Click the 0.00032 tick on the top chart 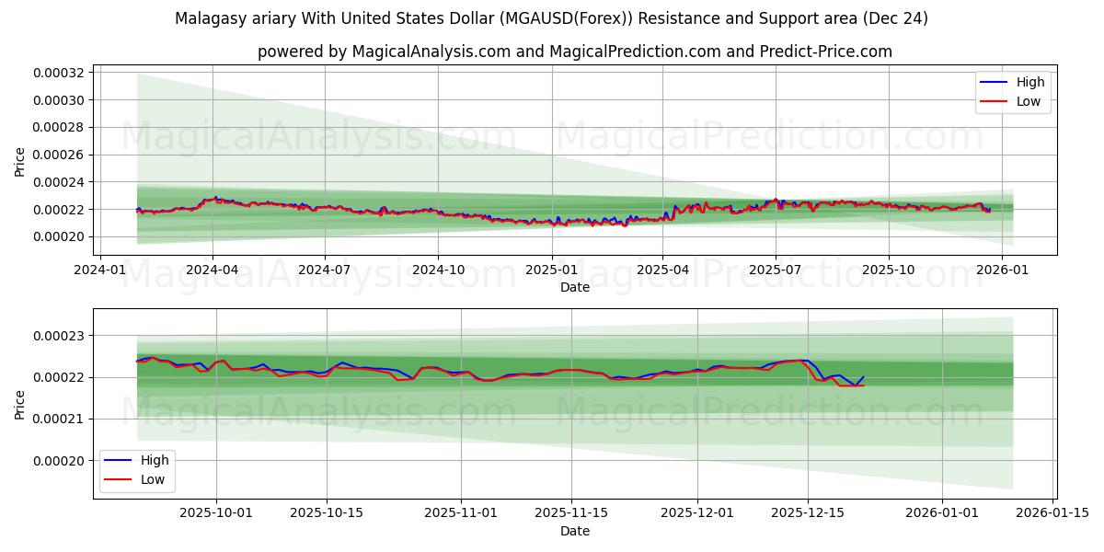(59, 73)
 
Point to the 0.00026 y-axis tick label (59, 155)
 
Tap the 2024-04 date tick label (213, 270)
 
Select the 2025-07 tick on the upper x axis (776, 270)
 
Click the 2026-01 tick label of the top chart (1001, 270)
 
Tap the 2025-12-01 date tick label (697, 513)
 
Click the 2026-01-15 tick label (1052, 513)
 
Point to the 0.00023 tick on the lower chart (59, 336)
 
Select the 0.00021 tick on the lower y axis (59, 419)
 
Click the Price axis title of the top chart (20, 161)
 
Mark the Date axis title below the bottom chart (575, 531)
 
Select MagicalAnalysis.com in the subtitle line (431, 52)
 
